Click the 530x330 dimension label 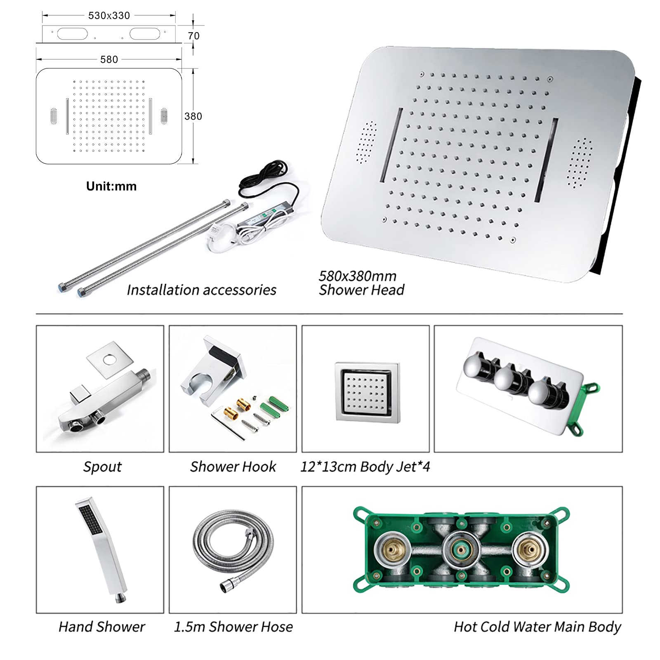[109, 16]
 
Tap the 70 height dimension [193, 36]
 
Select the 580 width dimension [109, 59]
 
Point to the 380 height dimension [193, 116]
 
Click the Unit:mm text [111, 186]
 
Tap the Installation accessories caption [201, 290]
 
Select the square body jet [367, 392]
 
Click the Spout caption [102, 467]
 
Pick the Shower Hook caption [233, 467]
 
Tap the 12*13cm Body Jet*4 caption [365, 467]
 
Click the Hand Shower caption [101, 627]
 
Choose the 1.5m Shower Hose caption [233, 627]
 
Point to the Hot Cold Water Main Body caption [537, 627]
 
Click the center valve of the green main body [461, 549]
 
